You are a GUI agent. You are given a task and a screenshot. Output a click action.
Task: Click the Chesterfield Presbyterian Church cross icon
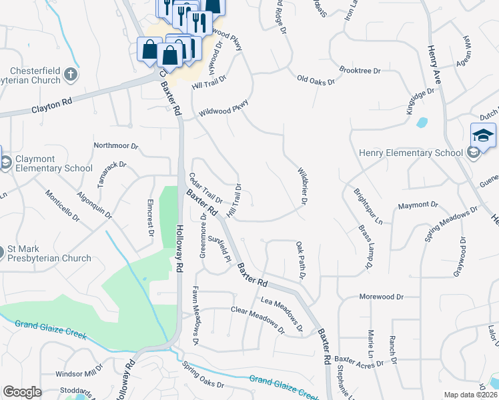pos(70,75)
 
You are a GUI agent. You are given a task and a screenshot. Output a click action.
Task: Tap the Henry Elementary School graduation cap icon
pos(483,136)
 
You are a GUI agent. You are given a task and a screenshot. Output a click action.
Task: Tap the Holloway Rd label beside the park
pos(179,247)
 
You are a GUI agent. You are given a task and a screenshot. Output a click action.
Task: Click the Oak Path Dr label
pos(300,261)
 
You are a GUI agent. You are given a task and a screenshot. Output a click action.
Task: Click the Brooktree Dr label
pos(359,70)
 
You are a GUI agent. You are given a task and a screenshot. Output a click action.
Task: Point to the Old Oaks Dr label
pos(316,80)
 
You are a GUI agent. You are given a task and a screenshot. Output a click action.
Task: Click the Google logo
pos(22,392)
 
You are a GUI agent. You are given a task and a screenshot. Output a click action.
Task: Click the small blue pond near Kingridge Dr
pos(422,123)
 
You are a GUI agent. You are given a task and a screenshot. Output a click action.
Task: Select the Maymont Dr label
pos(418,205)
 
